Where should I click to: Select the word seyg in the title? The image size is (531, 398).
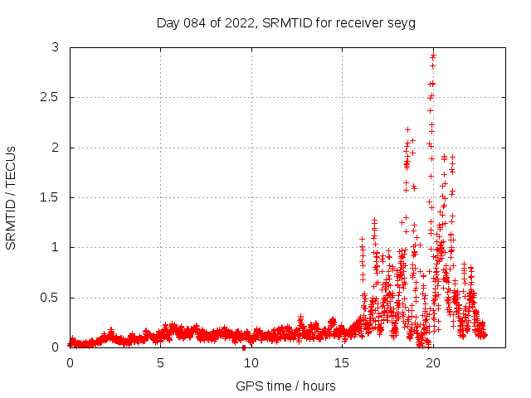(x=401, y=22)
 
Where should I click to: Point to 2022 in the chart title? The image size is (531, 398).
(x=241, y=22)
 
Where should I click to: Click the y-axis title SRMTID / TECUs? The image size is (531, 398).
(x=11, y=197)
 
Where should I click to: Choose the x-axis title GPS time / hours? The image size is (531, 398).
(x=285, y=386)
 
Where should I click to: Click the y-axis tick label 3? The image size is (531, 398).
(x=55, y=48)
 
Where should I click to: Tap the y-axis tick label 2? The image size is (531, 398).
(x=55, y=148)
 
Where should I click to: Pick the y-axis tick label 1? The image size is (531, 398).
(x=55, y=247)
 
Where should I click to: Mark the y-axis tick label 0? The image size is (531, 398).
(x=55, y=347)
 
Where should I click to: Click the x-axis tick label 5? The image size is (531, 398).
(x=161, y=363)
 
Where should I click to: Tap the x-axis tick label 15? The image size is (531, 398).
(x=342, y=363)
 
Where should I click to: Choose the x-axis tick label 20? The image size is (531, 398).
(x=432, y=363)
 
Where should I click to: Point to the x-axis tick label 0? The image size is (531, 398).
(x=70, y=363)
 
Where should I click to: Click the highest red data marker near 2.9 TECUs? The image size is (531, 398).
(x=433, y=56)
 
